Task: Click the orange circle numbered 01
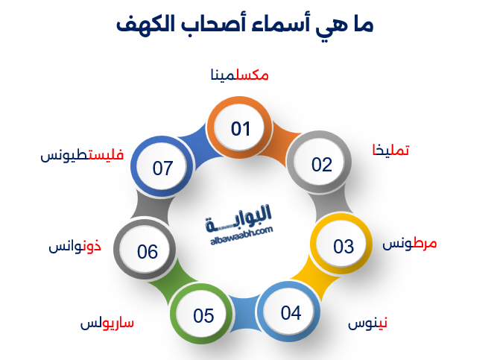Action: click(x=240, y=130)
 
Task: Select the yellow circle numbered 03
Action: click(x=343, y=245)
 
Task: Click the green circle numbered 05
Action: click(x=203, y=316)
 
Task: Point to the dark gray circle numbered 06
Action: click(x=147, y=252)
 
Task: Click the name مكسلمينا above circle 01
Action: click(x=240, y=75)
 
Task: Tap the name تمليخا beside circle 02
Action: click(x=390, y=151)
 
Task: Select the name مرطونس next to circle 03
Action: click(x=410, y=244)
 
